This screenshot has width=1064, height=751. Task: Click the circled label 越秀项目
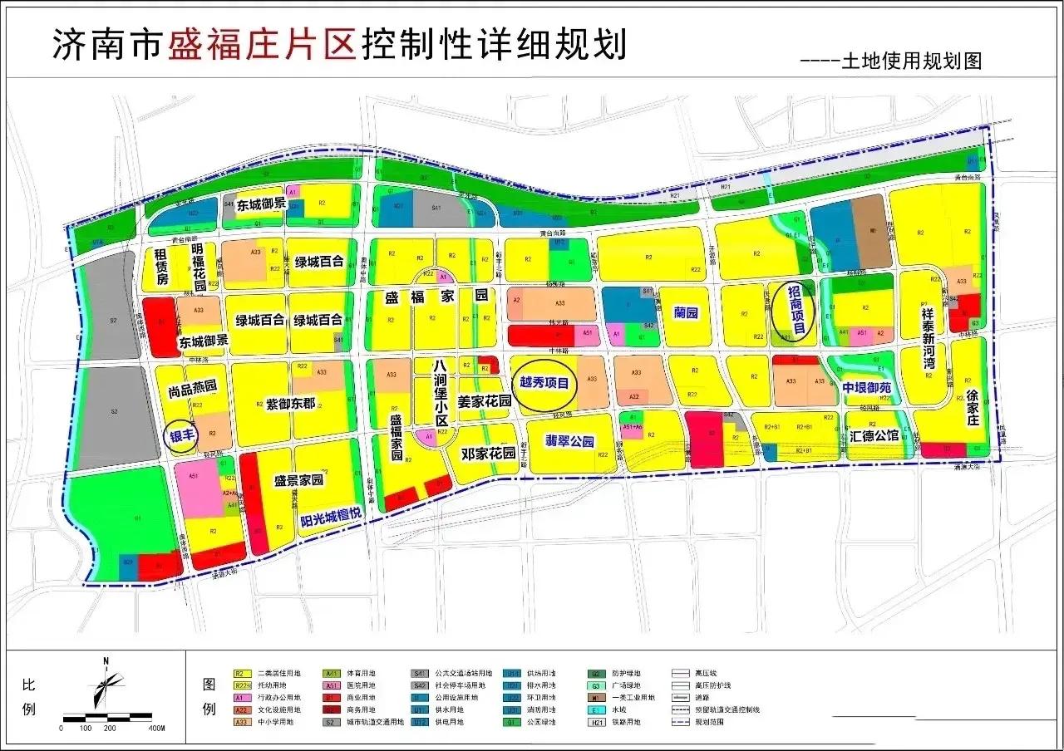[544, 384]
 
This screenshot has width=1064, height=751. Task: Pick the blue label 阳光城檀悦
[331, 514]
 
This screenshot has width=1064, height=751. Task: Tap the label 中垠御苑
[866, 388]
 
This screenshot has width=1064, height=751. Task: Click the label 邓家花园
[490, 454]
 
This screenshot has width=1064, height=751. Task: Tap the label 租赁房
[161, 268]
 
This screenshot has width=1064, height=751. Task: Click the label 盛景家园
[298, 480]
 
